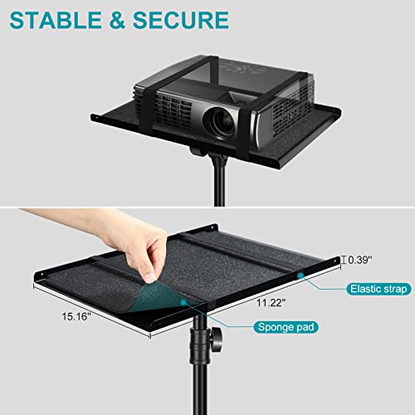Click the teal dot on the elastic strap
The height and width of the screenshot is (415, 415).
[x=298, y=275]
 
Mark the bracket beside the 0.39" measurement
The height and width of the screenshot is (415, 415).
[x=343, y=259]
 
